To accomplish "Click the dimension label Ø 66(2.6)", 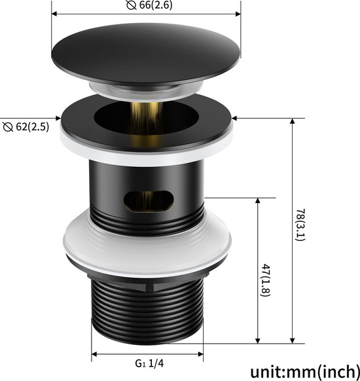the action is click(x=149, y=5).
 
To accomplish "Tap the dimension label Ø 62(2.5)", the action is click(x=26, y=127).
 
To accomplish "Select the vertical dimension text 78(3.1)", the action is click(x=300, y=225).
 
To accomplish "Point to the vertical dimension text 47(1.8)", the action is click(x=265, y=280).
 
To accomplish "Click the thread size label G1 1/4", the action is click(x=149, y=363).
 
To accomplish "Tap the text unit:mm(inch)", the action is click(x=305, y=372).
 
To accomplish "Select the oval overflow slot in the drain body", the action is click(x=149, y=201).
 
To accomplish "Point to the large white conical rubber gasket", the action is click(x=147, y=243).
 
